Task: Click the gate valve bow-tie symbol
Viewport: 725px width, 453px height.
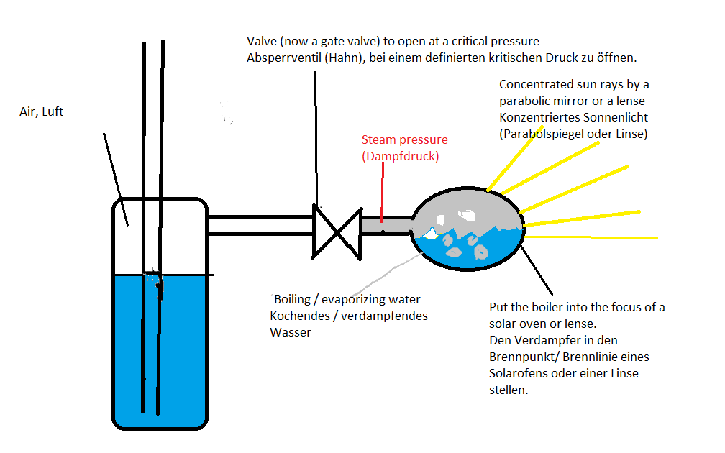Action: [x=336, y=232]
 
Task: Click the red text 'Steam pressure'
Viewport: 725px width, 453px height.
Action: [x=404, y=140]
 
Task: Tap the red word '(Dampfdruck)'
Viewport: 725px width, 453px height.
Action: [x=399, y=155]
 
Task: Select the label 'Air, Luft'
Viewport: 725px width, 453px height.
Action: [x=42, y=112]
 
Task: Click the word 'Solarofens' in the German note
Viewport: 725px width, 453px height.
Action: [x=518, y=373]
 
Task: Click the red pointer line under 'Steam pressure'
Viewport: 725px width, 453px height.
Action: [x=382, y=194]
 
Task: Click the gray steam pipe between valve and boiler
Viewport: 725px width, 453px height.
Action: [x=385, y=224]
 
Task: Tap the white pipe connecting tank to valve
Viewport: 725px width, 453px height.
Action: [x=259, y=224]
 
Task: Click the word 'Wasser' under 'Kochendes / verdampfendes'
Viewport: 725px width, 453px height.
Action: [x=291, y=332]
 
